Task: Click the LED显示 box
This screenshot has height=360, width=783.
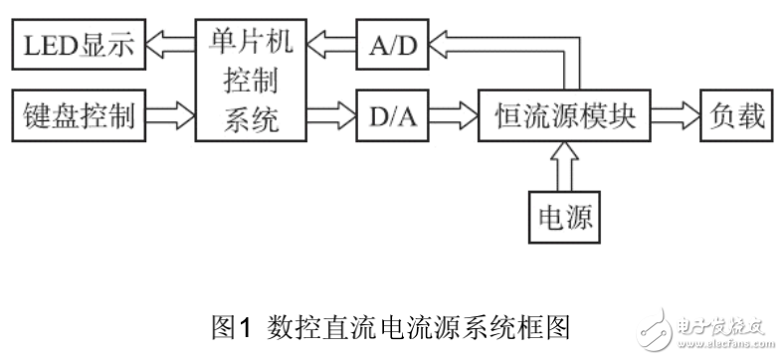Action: pyautogui.click(x=77, y=44)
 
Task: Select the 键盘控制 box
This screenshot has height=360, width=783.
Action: pyautogui.click(x=77, y=117)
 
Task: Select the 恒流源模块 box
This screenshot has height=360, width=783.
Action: pyautogui.click(x=566, y=117)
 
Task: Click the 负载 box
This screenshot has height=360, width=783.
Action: pyautogui.click(x=736, y=117)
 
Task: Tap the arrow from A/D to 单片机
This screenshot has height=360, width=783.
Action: pyautogui.click(x=329, y=44)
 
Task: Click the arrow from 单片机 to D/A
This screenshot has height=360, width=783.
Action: pyautogui.click(x=329, y=117)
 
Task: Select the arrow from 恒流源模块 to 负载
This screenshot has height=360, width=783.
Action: pyautogui.click(x=674, y=117)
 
